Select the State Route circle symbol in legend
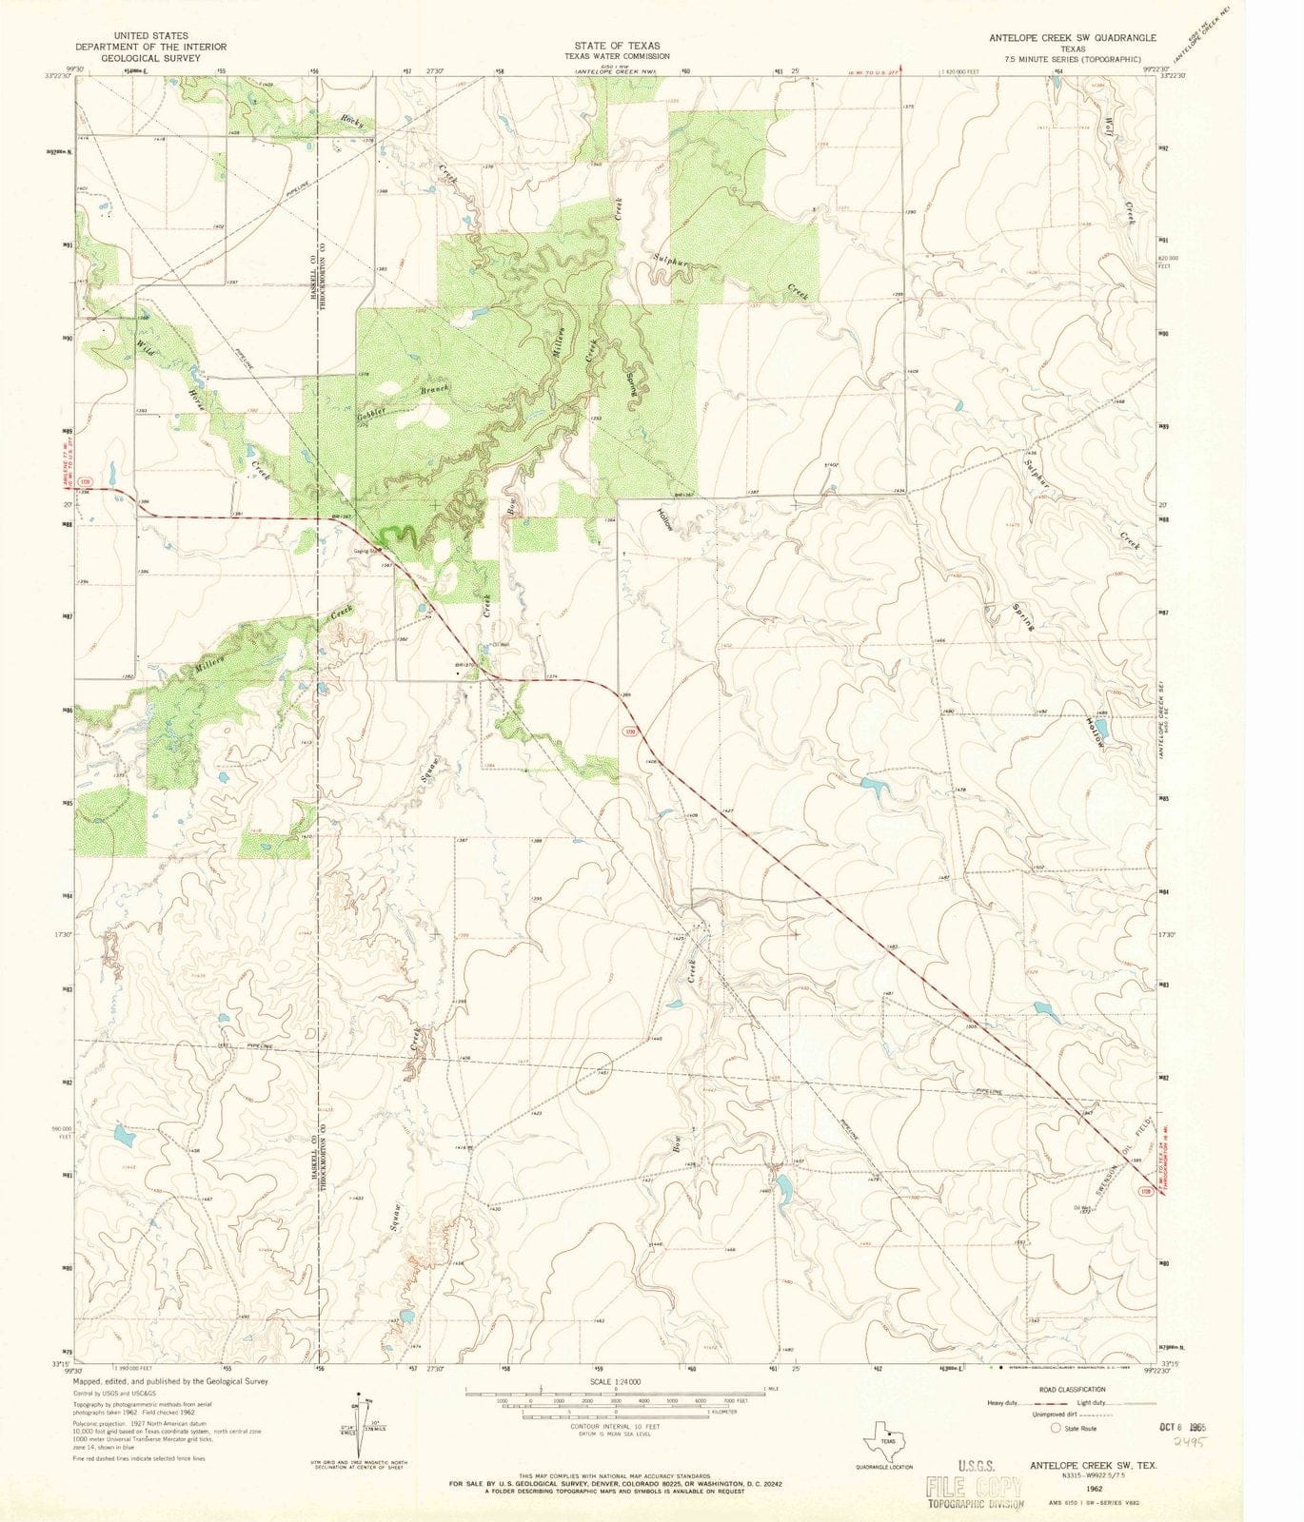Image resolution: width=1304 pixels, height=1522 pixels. point(1055,1428)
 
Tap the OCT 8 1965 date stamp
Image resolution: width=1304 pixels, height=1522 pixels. point(1181,1428)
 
